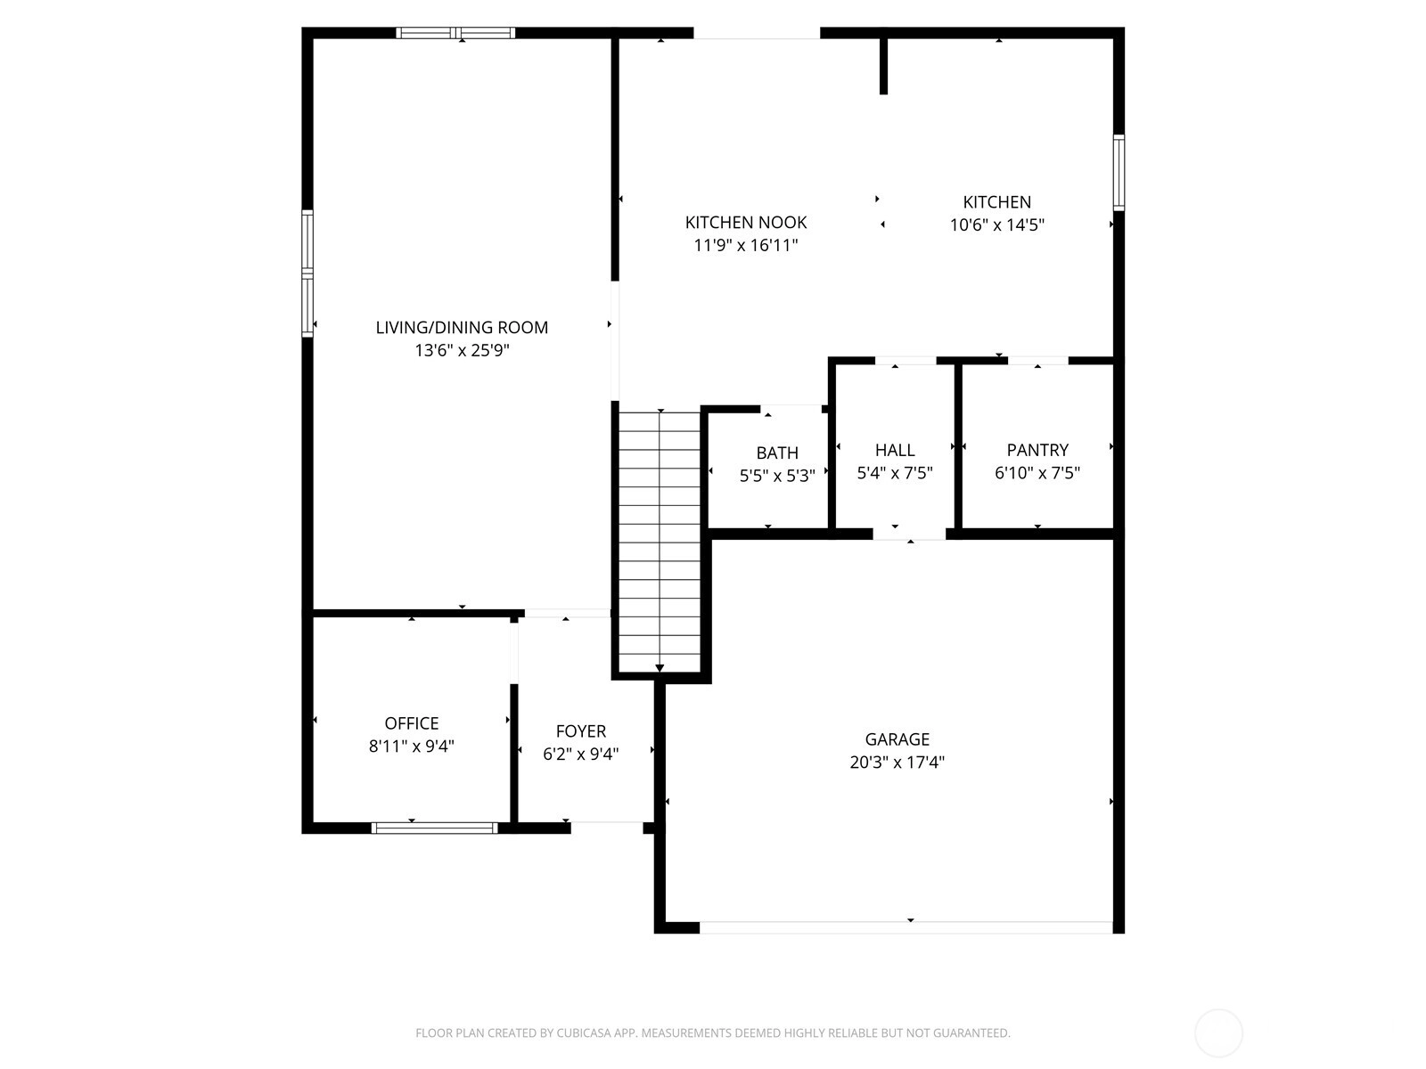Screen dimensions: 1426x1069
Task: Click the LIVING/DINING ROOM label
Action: (462, 327)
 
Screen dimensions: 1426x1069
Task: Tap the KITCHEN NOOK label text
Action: (745, 223)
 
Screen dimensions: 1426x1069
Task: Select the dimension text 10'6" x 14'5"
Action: (996, 225)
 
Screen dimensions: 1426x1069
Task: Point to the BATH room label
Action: (777, 453)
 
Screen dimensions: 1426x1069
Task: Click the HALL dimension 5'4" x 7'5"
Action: (895, 473)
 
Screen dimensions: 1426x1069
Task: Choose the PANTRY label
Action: (1037, 450)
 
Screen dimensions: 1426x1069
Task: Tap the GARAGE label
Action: (897, 739)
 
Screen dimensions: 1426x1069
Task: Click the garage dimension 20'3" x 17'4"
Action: (897, 762)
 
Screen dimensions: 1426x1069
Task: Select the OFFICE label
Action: (411, 723)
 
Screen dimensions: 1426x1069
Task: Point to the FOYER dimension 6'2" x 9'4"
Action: (580, 755)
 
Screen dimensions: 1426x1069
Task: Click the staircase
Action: (659, 542)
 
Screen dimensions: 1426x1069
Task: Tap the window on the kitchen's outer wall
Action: (1118, 173)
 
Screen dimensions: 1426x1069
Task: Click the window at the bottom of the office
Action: (434, 828)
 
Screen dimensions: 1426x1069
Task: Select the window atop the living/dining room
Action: (455, 33)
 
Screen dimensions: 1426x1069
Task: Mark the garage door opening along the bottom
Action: (906, 927)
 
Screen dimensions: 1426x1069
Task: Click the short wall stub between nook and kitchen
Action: (883, 66)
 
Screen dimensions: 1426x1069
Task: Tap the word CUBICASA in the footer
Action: (580, 1032)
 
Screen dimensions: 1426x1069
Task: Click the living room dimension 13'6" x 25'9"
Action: (462, 350)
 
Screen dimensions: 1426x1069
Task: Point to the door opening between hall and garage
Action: (909, 534)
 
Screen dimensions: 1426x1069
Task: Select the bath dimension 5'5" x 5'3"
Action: (777, 477)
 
